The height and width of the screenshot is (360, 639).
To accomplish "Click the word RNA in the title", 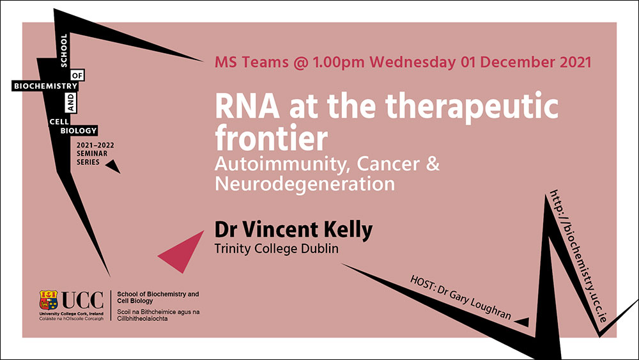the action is [x=247, y=106].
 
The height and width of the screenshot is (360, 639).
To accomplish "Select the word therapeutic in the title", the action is [x=472, y=107].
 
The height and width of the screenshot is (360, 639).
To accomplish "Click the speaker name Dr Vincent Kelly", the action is [x=293, y=230].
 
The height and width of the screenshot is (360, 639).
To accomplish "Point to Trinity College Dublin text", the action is [x=276, y=248].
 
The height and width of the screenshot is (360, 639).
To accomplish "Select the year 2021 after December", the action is [x=575, y=62].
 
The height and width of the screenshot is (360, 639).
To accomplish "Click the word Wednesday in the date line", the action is [x=412, y=63].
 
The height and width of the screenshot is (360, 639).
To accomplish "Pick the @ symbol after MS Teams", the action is [x=301, y=63].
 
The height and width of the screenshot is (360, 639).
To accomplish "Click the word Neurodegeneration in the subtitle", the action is [x=304, y=184].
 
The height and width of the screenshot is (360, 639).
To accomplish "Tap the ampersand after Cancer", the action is [x=433, y=164].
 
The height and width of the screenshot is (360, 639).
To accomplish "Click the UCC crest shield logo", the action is [x=49, y=300].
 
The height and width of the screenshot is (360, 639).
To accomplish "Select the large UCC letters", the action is [x=82, y=301].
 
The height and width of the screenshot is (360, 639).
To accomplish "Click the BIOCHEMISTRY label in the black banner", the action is [x=45, y=86].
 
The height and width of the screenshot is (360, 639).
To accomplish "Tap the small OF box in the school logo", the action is [x=77, y=75].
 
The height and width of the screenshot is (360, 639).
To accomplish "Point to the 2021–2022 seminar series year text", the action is [x=95, y=145].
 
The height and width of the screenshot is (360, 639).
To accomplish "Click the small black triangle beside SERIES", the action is [x=113, y=166].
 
